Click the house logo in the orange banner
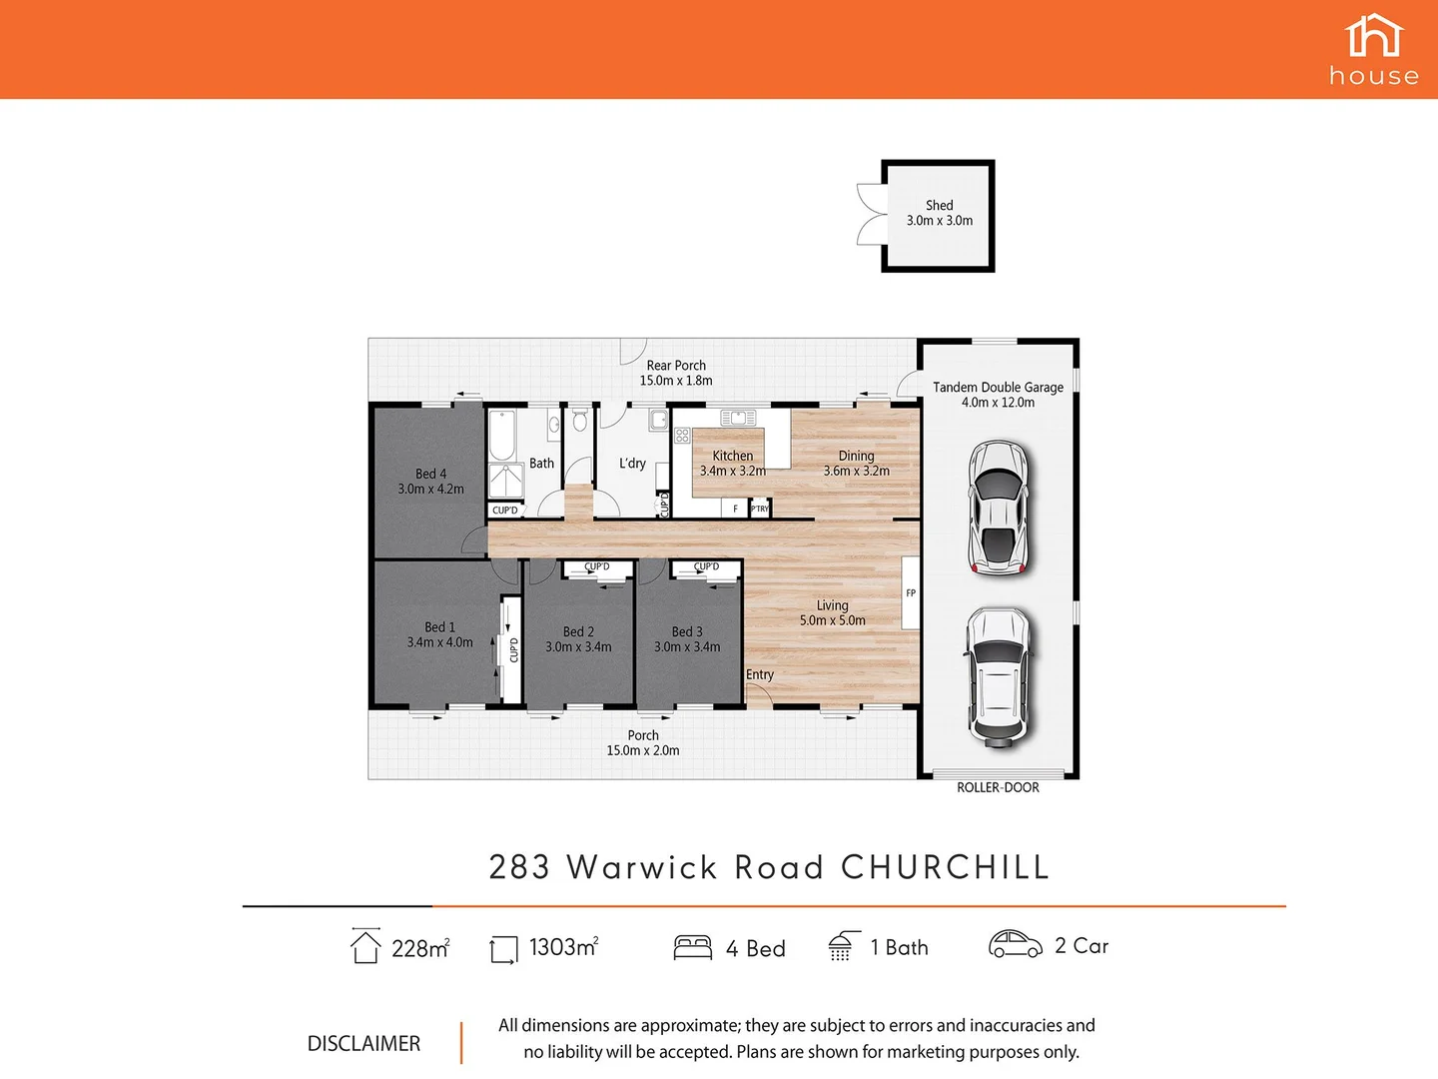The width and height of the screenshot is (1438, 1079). (1374, 50)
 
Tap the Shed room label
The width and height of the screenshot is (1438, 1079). (939, 206)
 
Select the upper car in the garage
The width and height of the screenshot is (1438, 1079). (998, 509)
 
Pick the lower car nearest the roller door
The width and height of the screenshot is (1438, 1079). (997, 676)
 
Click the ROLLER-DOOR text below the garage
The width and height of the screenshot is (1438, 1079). (998, 787)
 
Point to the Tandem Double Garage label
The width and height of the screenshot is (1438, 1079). (998, 388)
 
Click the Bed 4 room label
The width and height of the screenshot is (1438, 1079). (430, 474)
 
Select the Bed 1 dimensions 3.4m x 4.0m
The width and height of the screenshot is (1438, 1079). (439, 642)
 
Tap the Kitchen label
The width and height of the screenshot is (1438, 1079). (732, 456)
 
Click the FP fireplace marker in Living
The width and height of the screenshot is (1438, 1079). (911, 592)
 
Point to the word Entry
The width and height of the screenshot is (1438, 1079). (760, 674)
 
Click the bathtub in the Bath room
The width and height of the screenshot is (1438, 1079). (502, 434)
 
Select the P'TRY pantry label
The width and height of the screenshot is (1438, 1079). (760, 509)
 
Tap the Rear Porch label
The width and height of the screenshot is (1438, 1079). (676, 366)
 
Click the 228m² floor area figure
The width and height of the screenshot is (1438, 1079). (419, 948)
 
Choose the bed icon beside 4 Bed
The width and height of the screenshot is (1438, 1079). (692, 947)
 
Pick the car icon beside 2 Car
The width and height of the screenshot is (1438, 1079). (1015, 944)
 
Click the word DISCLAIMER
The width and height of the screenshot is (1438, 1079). (363, 1043)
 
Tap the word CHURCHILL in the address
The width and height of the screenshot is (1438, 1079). (945, 867)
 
